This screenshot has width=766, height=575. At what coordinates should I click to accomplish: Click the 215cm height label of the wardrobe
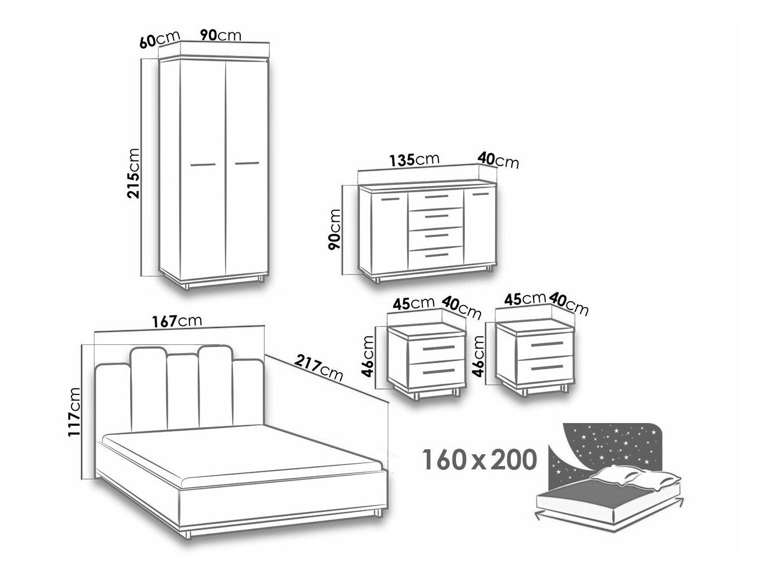coord(134,173)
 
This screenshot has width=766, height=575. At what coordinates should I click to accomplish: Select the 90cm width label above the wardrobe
coord(220,35)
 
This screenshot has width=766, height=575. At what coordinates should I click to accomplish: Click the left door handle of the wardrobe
coord(203,164)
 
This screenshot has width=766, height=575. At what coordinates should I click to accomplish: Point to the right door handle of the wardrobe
coord(247,163)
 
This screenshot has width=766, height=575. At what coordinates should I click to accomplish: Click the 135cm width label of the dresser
coord(414,160)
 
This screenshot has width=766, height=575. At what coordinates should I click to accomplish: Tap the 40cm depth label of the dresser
coord(498,160)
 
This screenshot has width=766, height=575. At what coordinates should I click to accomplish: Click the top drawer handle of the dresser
coord(436,197)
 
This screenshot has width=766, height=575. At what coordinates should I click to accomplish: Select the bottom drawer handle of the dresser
coord(437,255)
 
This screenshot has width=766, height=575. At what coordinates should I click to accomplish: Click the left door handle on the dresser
coord(391,199)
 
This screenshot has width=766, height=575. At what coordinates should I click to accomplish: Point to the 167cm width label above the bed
coord(176,321)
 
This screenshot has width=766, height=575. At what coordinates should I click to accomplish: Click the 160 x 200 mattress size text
coord(480,459)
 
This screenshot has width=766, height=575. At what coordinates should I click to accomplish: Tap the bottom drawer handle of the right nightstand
coord(547,368)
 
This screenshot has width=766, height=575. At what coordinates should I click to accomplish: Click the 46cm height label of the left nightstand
coord(368,357)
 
